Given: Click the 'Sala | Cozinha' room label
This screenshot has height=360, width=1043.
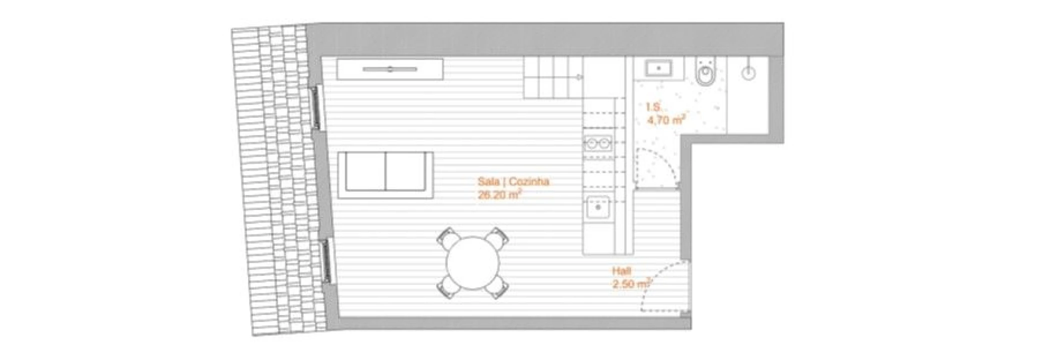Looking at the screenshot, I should [513, 181].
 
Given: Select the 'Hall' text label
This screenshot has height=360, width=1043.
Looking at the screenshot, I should [621, 270].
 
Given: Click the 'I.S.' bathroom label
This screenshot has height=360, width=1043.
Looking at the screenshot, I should [652, 107].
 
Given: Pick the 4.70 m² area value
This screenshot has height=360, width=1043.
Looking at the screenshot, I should [665, 120].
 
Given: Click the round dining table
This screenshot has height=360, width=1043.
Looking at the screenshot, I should [473, 263].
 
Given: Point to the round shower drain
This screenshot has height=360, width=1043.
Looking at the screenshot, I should [748, 74].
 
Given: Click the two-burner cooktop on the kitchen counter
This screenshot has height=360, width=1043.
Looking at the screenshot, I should [598, 144].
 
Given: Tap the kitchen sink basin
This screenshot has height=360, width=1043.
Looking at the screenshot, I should [598, 206].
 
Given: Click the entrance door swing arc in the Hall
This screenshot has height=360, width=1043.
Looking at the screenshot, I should [662, 287].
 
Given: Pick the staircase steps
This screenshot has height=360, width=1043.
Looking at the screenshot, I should [553, 77].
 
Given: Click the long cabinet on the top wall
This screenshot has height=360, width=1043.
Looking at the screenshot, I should [390, 69].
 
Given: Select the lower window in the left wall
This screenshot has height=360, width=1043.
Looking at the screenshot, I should [326, 260].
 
